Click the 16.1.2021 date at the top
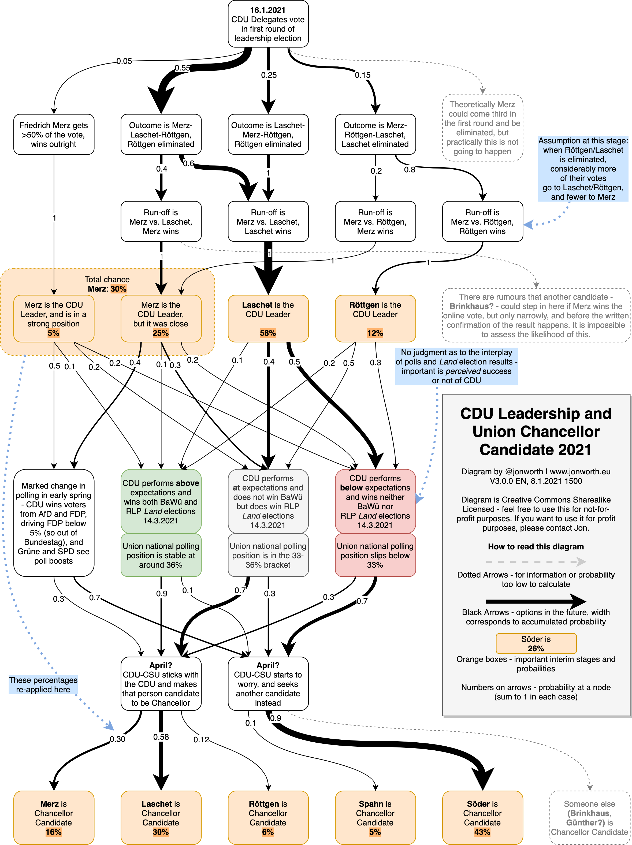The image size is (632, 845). pos(267,10)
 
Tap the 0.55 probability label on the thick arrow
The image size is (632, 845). pos(182,68)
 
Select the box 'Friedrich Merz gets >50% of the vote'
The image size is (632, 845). pos(54,135)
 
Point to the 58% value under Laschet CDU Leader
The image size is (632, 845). pos(267,333)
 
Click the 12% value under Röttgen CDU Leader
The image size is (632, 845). pos(375,333)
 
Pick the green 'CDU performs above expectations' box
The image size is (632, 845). pos(161,501)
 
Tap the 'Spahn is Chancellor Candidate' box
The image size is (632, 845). pos(375,817)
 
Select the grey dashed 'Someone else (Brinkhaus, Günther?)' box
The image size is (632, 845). pos(589,817)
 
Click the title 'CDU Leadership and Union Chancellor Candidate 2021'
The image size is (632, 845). pos(536,432)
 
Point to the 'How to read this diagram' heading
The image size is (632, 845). pos(536,547)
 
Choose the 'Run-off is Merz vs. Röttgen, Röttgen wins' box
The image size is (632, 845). pos(482,222)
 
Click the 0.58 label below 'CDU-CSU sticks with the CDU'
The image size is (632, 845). pos(161,737)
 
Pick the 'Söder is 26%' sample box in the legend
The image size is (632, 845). pos(536,643)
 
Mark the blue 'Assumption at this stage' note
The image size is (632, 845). pos(583,169)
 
